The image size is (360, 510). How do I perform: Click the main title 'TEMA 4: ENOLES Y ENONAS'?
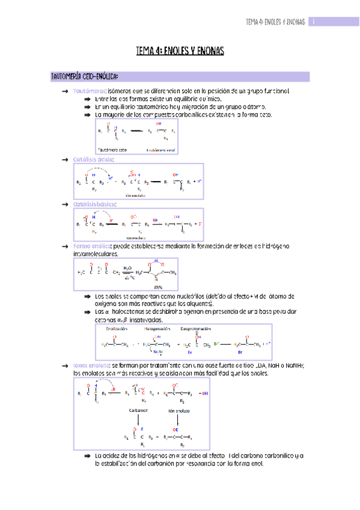point(180,52)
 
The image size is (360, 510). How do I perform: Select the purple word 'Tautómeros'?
point(90,91)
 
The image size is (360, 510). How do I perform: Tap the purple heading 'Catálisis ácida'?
point(93,159)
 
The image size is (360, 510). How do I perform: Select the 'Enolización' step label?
point(117,330)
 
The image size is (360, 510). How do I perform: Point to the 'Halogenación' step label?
point(156,330)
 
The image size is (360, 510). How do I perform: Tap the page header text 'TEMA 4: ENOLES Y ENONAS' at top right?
point(276,22)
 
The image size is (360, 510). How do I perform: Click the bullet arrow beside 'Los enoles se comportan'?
point(87,297)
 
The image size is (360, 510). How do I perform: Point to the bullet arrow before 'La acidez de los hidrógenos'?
point(87,456)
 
